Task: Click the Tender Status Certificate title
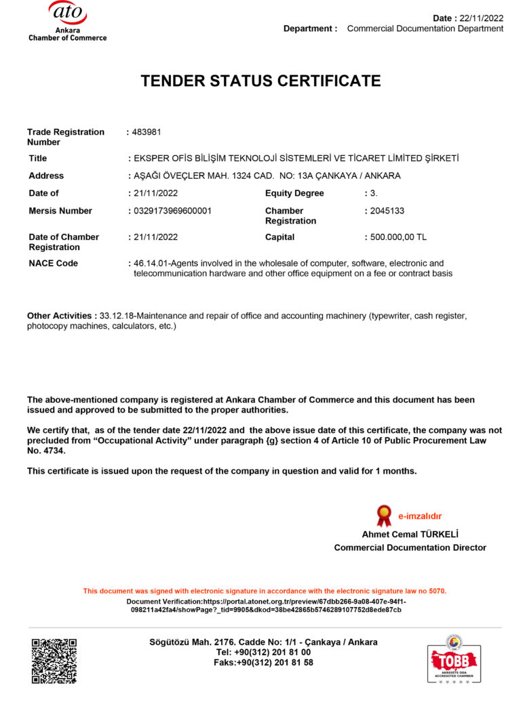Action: (260, 81)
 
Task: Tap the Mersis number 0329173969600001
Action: (172, 211)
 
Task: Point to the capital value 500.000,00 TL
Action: (398, 237)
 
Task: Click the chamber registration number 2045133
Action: (387, 211)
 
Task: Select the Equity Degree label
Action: (294, 193)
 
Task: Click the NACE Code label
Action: (53, 263)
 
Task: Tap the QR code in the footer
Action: (54, 660)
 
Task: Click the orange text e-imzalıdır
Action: (420, 516)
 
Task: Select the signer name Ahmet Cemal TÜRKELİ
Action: (410, 534)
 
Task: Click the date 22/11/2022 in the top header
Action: (482, 18)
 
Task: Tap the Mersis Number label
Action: (60, 211)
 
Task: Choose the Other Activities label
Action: (60, 316)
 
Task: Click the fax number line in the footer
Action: (263, 662)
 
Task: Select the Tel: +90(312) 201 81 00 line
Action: (263, 652)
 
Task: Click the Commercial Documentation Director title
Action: (410, 547)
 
